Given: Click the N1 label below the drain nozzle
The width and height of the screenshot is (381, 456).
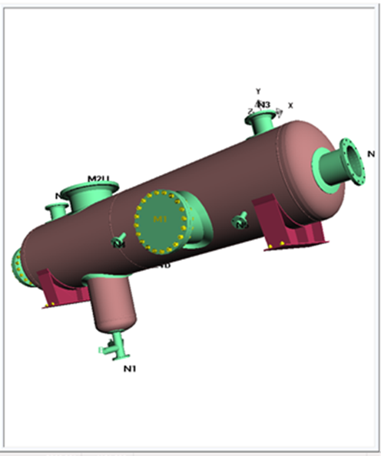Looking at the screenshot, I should point(130,369).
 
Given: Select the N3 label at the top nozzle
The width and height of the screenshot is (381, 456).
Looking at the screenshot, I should point(264,104).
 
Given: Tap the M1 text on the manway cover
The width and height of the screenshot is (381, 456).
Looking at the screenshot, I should point(160,220).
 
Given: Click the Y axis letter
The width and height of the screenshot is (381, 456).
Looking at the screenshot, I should point(258,91).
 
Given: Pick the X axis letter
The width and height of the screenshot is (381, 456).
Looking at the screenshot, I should point(290,105).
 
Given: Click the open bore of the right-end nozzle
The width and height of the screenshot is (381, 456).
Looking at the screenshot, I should point(353,160).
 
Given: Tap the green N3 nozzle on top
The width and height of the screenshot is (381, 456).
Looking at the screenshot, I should point(263,121).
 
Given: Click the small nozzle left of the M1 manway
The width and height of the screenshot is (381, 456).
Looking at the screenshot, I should point(119,240).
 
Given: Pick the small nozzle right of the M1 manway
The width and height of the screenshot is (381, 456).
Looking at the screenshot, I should point(240,222).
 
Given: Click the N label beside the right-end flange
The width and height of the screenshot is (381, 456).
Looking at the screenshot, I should point(371,154).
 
